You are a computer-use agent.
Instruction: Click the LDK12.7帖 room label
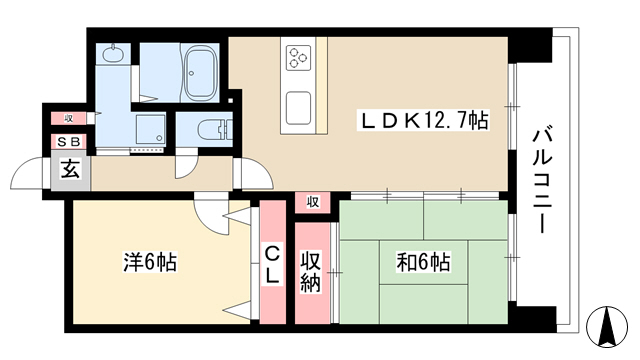tap(423, 120)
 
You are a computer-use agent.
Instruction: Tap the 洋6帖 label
tap(150, 262)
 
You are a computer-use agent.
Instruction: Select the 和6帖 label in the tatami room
tap(423, 262)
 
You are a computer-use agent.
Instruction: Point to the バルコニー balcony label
tap(542, 181)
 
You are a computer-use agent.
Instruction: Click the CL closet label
tap(272, 264)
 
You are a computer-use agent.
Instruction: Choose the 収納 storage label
tap(311, 272)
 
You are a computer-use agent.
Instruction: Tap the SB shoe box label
tap(69, 142)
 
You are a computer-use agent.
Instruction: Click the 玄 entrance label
tap(70, 169)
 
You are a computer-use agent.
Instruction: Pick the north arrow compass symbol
tap(607, 327)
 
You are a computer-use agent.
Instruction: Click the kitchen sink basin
tap(298, 108)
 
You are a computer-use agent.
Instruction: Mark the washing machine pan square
tap(151, 129)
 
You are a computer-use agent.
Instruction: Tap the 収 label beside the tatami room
tap(313, 202)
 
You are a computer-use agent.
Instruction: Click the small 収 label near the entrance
tap(68, 118)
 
